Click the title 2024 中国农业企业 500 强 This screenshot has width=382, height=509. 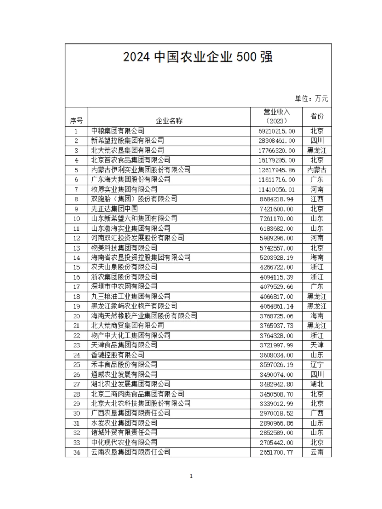[198, 57]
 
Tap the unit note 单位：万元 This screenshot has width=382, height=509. [311, 99]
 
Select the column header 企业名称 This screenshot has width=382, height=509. [169, 121]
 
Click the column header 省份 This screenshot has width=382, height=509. [317, 116]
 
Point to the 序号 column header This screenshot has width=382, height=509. [76, 121]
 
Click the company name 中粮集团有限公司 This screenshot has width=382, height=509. [117, 131]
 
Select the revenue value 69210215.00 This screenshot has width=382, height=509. [276, 131]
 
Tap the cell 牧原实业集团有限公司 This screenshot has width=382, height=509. [124, 189]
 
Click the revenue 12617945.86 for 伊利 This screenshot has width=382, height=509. [276, 170]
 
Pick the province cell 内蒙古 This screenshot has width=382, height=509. [317, 170]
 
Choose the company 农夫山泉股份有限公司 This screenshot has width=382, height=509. [124, 267]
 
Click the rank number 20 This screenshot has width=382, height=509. [76, 316]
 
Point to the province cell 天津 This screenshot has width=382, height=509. [317, 345]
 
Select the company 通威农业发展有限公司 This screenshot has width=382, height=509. [124, 374]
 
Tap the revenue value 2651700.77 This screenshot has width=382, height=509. [276, 452]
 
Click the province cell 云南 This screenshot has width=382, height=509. [317, 452]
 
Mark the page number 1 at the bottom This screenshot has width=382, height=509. [191, 476]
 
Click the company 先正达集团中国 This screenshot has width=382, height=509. [114, 209]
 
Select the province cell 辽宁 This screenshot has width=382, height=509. [317, 365]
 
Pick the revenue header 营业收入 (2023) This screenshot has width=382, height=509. [276, 116]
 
